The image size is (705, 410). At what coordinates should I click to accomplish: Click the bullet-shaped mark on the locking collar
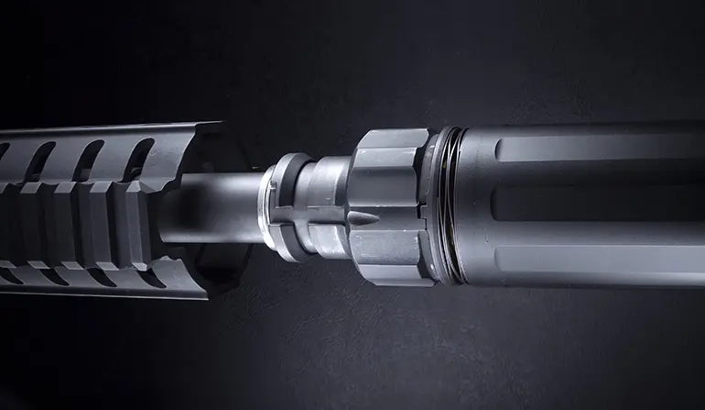click(x=364, y=220)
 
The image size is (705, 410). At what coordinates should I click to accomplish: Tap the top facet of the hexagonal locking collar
click(x=389, y=140)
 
